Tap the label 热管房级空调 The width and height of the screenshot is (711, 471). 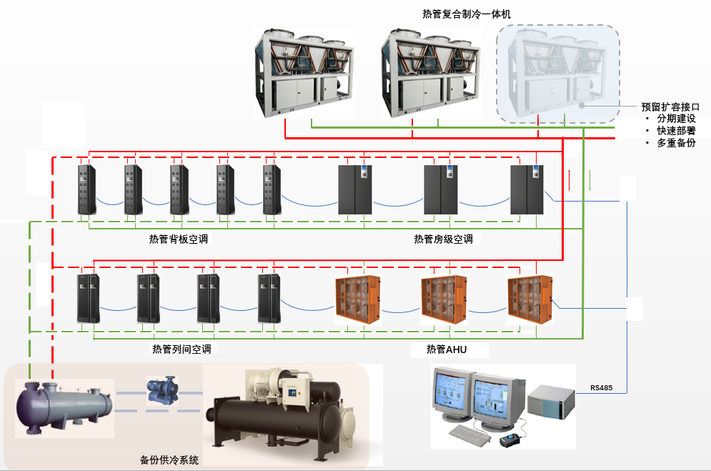coord(443,239)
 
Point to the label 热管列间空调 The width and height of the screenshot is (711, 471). coord(182,349)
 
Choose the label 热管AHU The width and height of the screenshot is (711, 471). coord(447,349)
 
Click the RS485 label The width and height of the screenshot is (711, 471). coord(601,389)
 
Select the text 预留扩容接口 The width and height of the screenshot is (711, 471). coord(670,106)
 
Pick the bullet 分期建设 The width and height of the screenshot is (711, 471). coord(676,119)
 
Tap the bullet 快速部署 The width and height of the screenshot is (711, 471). coord(676,131)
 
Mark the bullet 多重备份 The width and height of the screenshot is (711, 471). coord(676,143)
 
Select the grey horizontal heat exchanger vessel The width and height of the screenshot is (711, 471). coord(64,406)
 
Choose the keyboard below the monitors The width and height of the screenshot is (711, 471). coord(475,432)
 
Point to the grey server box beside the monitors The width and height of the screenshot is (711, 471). coord(551,404)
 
